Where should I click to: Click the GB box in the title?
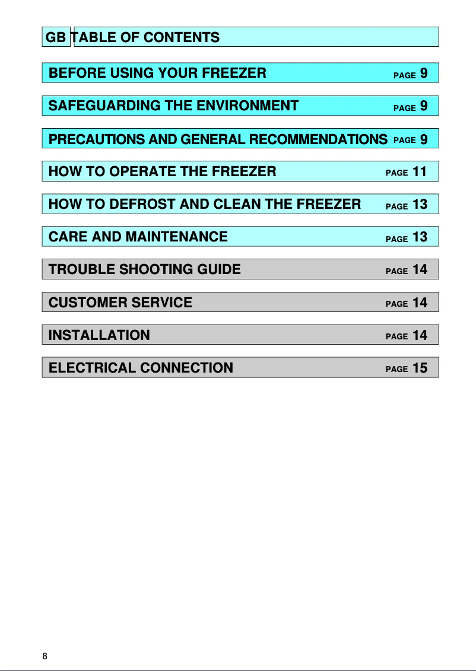[56, 37]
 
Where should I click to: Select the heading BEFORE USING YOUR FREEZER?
[157, 74]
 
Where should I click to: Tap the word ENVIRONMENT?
[247, 106]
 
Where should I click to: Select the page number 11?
[420, 172]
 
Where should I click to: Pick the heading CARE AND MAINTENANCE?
[138, 237]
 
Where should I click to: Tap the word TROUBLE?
[82, 269]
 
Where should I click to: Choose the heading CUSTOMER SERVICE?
[120, 303]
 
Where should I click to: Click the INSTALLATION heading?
[99, 335]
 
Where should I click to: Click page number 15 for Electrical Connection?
[420, 368]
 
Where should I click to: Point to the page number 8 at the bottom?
[45, 656]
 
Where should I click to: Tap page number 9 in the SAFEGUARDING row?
[424, 106]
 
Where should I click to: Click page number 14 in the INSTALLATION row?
[420, 335]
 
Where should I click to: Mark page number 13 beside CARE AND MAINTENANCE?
[420, 237]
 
